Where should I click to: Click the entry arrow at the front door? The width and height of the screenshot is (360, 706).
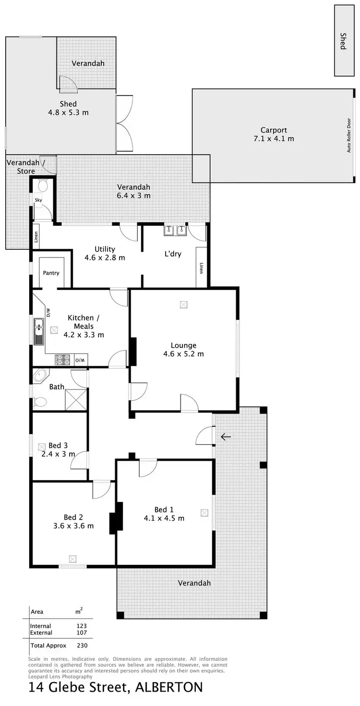[x=226, y=437]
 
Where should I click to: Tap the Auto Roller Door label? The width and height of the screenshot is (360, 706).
[x=349, y=135]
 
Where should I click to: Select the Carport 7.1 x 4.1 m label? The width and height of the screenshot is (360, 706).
[x=274, y=134]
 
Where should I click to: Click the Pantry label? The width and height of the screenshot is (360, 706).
[x=51, y=273]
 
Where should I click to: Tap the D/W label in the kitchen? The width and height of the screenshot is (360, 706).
[x=48, y=312]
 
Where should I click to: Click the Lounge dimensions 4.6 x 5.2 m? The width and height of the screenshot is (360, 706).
[x=183, y=354]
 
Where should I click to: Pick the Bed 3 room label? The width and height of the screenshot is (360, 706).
[x=58, y=445]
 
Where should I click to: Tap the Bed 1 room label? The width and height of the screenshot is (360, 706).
[x=164, y=510]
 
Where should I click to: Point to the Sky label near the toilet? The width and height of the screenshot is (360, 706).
[x=38, y=200]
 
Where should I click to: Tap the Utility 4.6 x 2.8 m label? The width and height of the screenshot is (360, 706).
[x=105, y=253]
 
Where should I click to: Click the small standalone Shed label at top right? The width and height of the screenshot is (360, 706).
[x=343, y=41]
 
